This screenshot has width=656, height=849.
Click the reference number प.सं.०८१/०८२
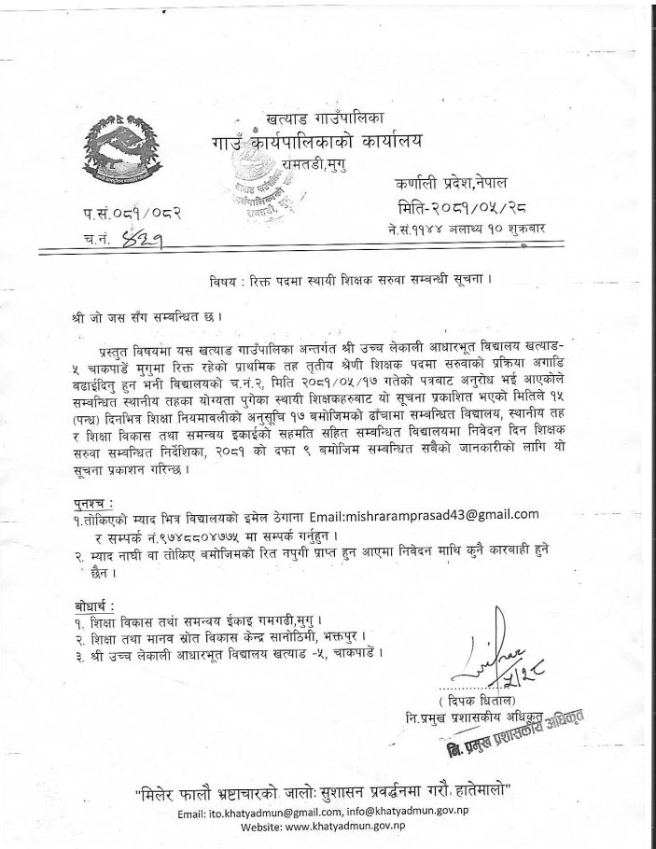[x=132, y=216]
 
